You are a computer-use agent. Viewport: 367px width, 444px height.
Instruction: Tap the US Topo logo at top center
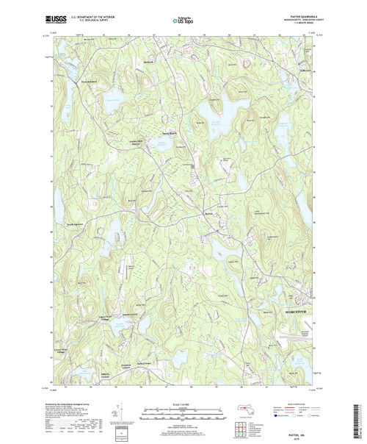coord(183,14)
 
